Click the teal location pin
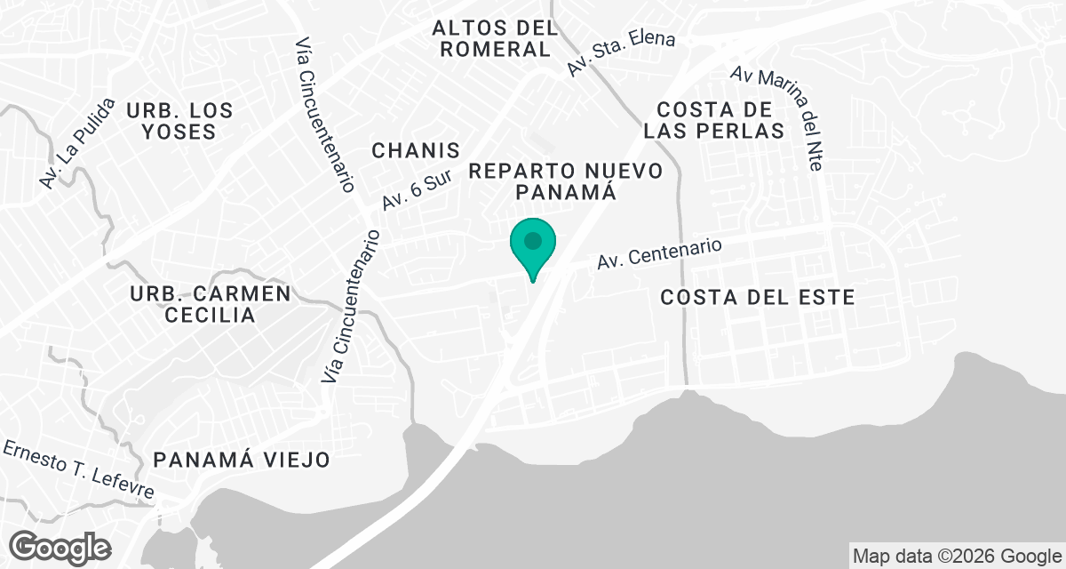[x=532, y=249]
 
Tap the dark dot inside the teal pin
[x=532, y=241]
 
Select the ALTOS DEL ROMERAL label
[x=496, y=38]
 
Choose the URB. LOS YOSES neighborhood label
[x=179, y=121]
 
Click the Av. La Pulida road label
[x=77, y=142]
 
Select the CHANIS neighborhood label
[x=416, y=150]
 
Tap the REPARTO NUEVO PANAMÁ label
[x=566, y=180]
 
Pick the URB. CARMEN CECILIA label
[x=210, y=304]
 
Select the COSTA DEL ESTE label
[x=758, y=298]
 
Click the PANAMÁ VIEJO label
[x=242, y=460]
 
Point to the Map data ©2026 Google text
[x=957, y=557]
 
